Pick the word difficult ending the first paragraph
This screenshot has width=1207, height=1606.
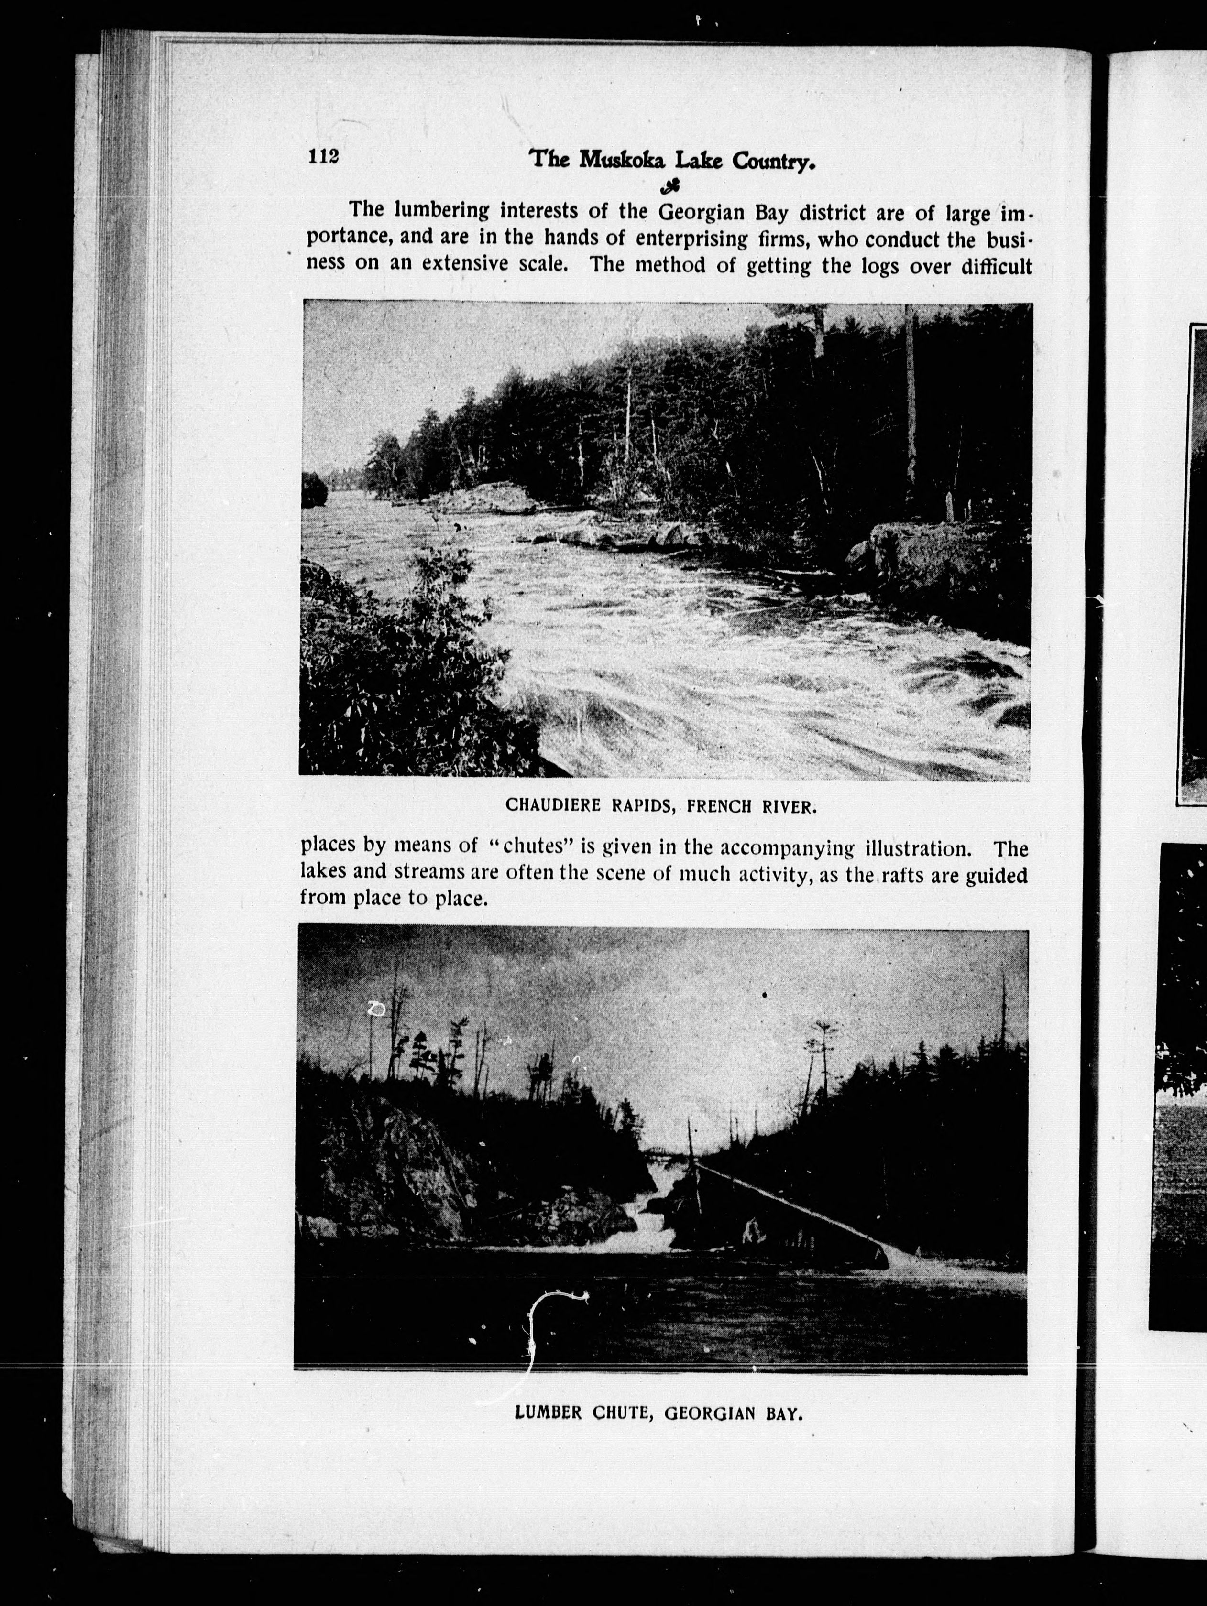pyautogui.click(x=997, y=266)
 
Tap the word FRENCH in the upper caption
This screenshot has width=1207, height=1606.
pyautogui.click(x=718, y=806)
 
